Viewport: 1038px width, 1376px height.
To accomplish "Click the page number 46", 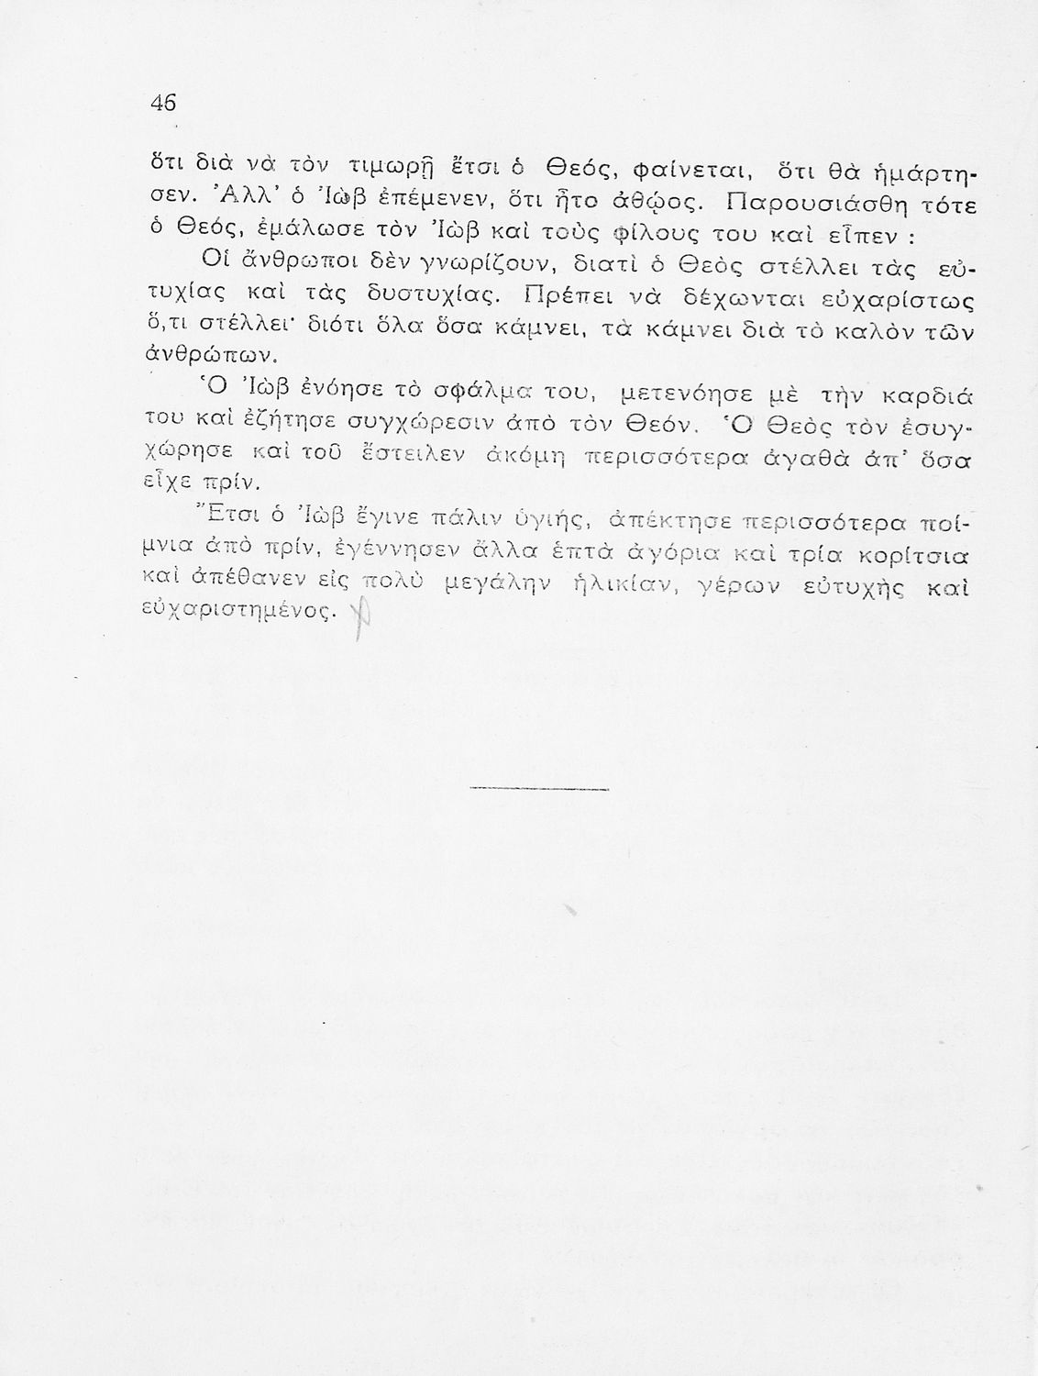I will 162,103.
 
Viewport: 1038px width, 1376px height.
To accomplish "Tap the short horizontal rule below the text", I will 540,789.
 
